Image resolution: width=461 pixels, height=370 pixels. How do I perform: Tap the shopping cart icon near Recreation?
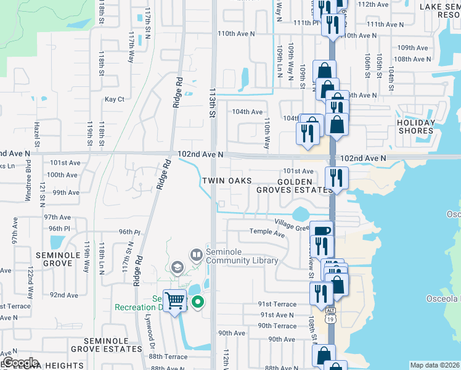click(x=175, y=300)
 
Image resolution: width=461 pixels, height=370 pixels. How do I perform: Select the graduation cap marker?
click(x=177, y=267)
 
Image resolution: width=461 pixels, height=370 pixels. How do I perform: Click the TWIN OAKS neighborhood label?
click(x=227, y=181)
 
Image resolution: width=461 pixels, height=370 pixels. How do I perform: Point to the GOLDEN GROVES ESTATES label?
click(x=295, y=186)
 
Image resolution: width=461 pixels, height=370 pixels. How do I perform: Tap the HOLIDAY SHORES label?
click(x=416, y=126)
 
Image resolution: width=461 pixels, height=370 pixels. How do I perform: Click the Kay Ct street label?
click(x=115, y=99)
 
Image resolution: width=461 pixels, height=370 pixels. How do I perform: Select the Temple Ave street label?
click(x=267, y=232)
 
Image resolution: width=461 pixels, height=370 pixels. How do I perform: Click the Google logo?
click(x=20, y=363)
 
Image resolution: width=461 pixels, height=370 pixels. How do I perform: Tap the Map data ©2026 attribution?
click(x=434, y=365)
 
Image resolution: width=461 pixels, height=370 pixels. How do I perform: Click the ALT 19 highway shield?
click(x=331, y=315)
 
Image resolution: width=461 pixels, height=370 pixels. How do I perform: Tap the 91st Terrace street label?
click(x=277, y=304)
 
